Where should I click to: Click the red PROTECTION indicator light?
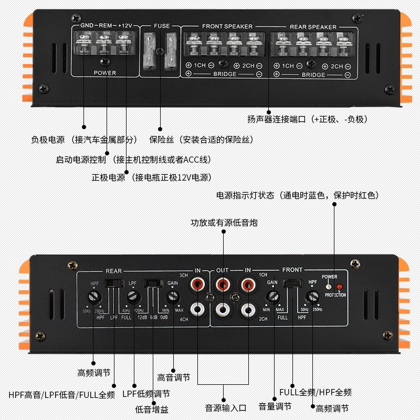(339, 287)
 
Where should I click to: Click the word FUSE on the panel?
(162, 26)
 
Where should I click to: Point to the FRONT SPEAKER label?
(227, 26)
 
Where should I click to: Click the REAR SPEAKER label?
(313, 27)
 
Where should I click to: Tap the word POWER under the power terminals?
(105, 73)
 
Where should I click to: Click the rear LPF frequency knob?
(134, 298)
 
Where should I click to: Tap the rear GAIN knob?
(173, 297)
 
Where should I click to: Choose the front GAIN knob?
(272, 296)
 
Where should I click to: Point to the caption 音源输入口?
(225, 407)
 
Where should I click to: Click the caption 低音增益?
(152, 409)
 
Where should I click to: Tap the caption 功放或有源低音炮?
(224, 223)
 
